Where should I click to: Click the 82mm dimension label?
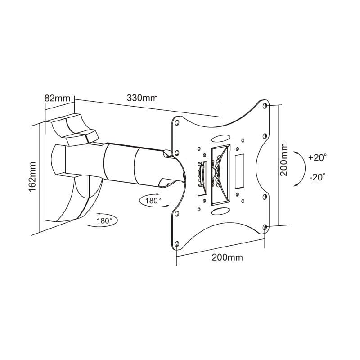(57, 98)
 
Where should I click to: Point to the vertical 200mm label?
(284, 160)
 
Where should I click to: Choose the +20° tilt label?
(318, 157)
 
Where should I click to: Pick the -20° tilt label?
(317, 177)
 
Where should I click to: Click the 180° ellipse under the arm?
(154, 200)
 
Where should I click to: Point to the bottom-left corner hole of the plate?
(177, 244)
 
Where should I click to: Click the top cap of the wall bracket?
(72, 126)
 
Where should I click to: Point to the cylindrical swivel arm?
(130, 164)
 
